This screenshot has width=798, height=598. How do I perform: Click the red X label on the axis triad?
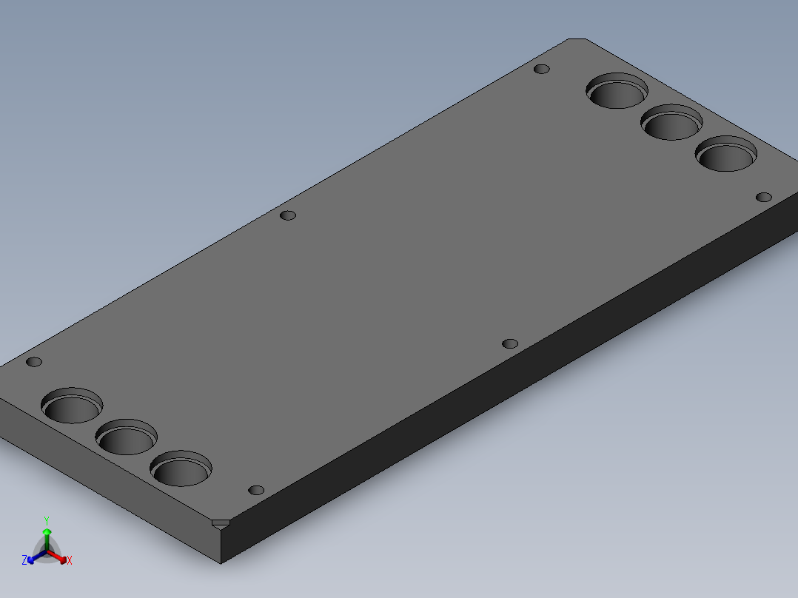tap(70, 561)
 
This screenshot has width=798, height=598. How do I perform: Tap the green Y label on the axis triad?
tap(47, 520)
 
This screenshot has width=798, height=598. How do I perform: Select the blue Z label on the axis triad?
tap(24, 560)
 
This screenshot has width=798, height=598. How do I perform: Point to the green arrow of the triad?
tap(47, 535)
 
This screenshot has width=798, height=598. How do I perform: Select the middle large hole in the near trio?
tap(127, 437)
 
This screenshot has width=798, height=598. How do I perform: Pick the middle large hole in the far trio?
tap(672, 122)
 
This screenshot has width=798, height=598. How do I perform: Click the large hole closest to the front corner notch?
tap(181, 469)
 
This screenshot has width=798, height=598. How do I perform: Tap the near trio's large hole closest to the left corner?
tap(72, 406)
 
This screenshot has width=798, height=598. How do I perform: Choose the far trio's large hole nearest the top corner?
tap(617, 90)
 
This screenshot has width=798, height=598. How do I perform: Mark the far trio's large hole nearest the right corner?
tap(726, 155)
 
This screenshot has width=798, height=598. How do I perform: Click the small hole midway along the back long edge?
tap(288, 215)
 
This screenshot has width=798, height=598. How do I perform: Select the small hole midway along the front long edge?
tap(509, 343)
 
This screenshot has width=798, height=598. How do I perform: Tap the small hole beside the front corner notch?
tap(256, 490)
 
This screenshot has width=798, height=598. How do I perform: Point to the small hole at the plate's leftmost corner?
tap(34, 362)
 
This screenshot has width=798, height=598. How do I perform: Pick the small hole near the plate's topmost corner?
tap(542, 69)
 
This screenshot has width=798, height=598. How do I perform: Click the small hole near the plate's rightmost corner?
tap(764, 197)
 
